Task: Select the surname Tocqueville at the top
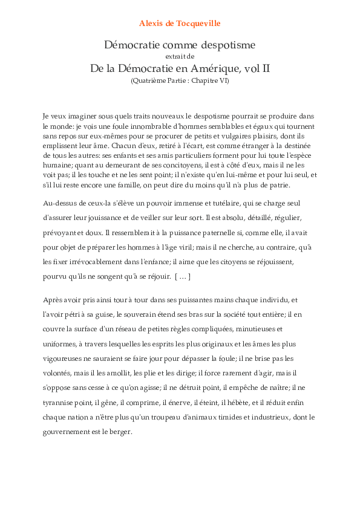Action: [199, 24]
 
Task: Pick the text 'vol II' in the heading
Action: [258, 68]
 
